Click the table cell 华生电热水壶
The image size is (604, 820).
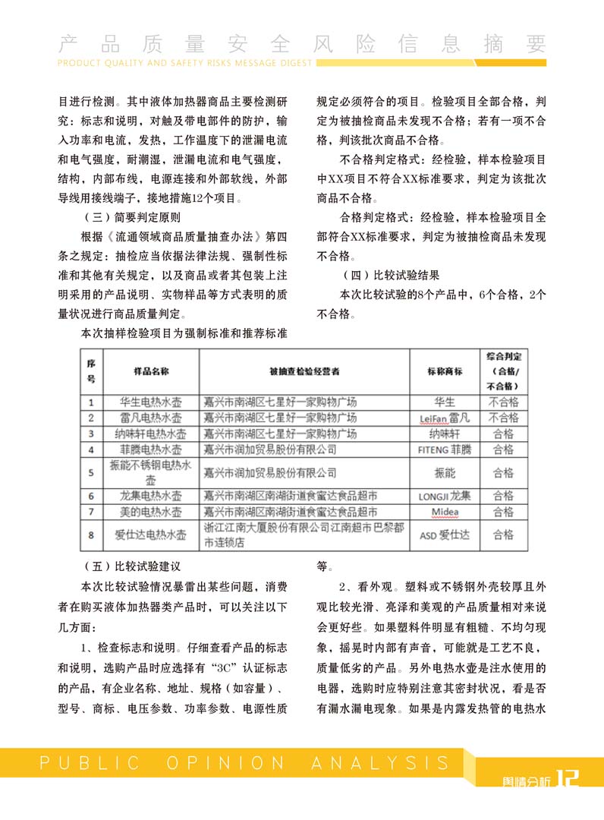(151, 402)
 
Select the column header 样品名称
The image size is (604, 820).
(151, 371)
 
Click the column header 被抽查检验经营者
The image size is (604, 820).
(304, 371)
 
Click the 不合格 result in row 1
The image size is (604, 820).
(503, 402)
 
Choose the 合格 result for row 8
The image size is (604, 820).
(503, 535)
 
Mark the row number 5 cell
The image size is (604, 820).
(91, 472)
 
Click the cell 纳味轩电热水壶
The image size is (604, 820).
(151, 434)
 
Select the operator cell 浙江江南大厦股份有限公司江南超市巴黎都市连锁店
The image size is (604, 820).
(304, 535)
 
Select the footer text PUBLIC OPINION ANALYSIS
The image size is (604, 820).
(245, 762)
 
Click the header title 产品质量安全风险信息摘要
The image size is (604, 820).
(302, 43)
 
